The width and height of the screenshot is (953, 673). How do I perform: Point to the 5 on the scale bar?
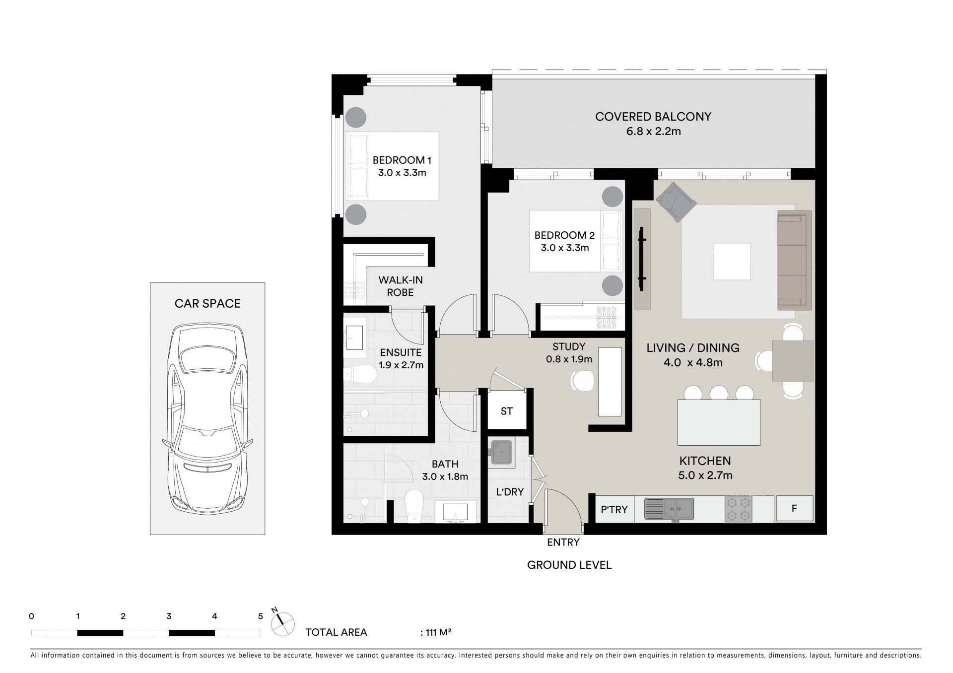pyautogui.click(x=261, y=616)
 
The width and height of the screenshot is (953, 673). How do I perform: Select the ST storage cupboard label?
pyautogui.click(x=507, y=411)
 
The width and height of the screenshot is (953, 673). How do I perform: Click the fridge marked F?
pyautogui.click(x=794, y=509)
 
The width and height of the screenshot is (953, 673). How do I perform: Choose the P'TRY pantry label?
pyautogui.click(x=614, y=509)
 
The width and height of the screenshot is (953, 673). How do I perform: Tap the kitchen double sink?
pyautogui.click(x=669, y=509)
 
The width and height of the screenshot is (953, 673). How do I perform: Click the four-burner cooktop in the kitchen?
pyautogui.click(x=738, y=509)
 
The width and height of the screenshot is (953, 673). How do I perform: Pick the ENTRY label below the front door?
pyautogui.click(x=563, y=542)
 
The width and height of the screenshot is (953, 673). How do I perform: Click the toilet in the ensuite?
pyautogui.click(x=361, y=375)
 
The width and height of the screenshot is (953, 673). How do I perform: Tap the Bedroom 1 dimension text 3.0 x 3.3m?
pyautogui.click(x=402, y=173)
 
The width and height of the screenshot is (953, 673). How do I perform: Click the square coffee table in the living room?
pyautogui.click(x=732, y=261)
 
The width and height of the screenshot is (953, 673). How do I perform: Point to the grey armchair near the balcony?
pyautogui.click(x=676, y=202)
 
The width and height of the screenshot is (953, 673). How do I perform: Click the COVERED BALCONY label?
pyautogui.click(x=653, y=117)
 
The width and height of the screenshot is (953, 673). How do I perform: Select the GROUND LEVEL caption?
pyautogui.click(x=569, y=565)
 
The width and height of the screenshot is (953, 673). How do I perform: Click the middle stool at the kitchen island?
pyautogui.click(x=719, y=393)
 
